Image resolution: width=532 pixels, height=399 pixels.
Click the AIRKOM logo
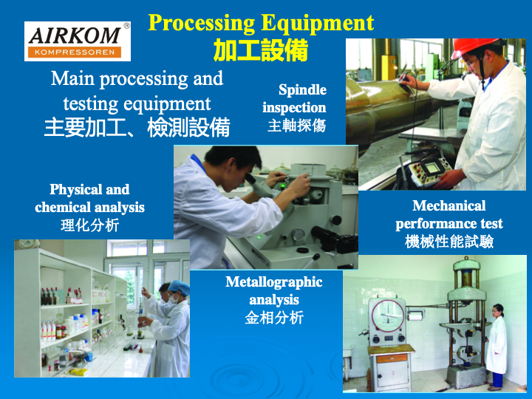point(78,41)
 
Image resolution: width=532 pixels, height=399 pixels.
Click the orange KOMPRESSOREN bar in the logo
point(75,52)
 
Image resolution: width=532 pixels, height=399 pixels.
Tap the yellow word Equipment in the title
point(317,24)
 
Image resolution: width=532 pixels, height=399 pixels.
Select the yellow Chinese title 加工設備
point(261,50)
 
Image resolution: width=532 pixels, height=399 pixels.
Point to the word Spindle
point(302,90)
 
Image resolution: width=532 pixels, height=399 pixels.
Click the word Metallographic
point(274,282)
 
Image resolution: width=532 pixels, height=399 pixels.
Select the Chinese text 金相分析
point(274,318)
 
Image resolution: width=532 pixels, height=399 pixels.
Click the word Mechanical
point(449,205)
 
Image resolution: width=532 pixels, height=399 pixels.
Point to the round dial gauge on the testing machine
point(388,316)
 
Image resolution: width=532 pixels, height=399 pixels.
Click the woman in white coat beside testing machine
point(496,347)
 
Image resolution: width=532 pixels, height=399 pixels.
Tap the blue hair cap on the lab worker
point(179,287)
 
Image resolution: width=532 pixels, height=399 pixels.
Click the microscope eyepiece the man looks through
point(252,179)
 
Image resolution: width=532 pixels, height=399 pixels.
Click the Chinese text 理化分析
point(89,225)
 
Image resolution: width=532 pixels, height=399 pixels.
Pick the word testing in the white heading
point(91,104)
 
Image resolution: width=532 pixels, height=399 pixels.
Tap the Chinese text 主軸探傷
point(296,126)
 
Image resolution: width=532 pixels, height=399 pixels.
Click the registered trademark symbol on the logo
point(126,26)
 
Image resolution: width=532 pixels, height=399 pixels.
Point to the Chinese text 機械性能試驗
point(449,242)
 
